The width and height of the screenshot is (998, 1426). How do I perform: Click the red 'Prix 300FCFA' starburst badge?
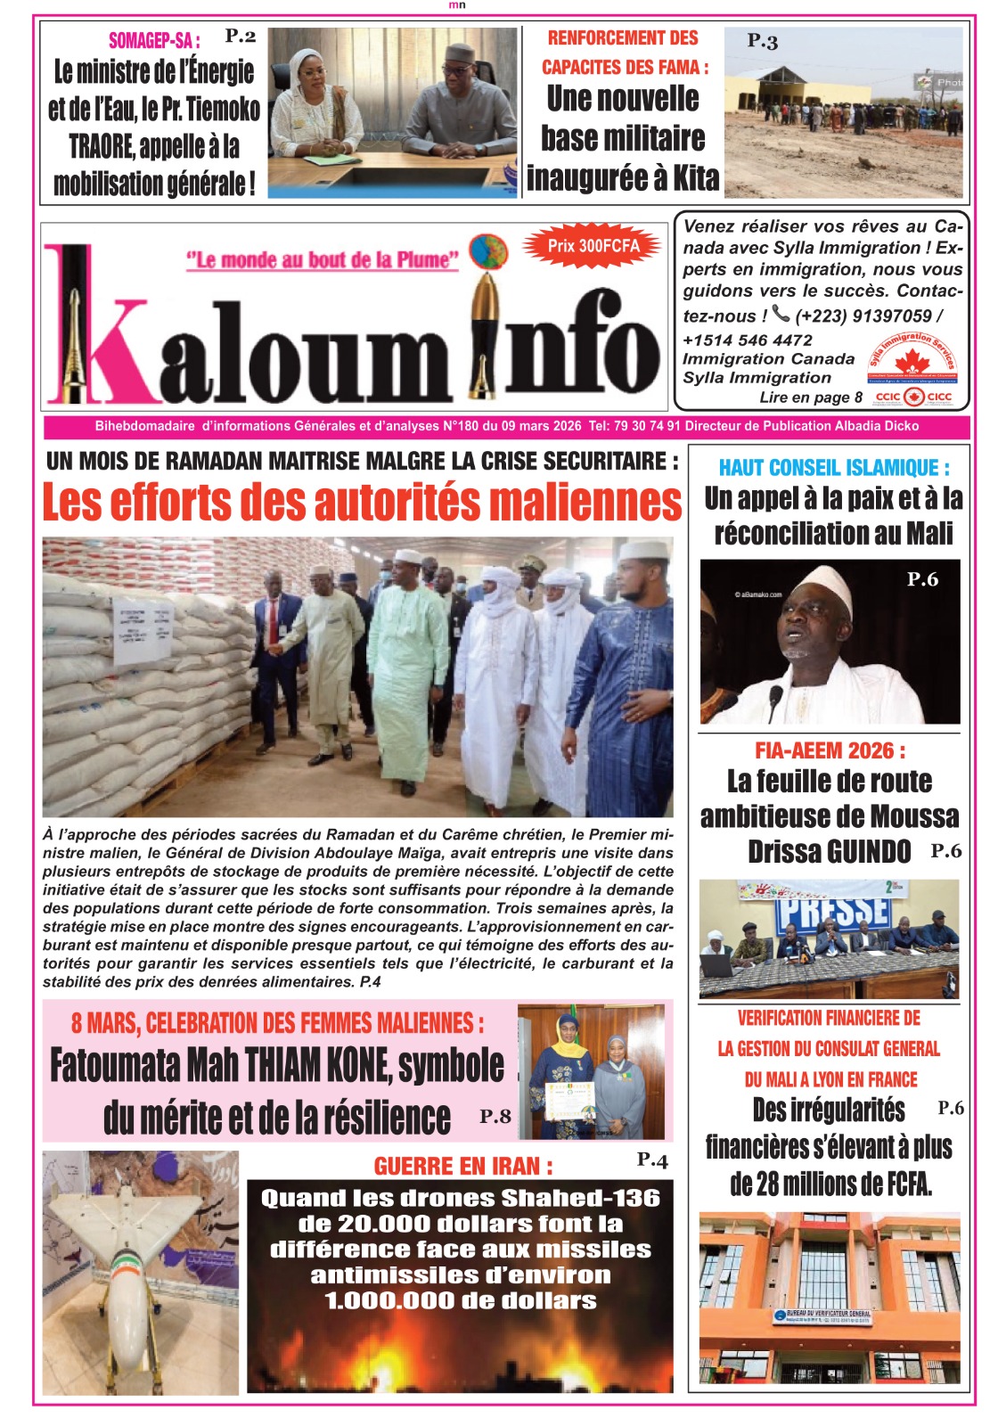[x=593, y=247]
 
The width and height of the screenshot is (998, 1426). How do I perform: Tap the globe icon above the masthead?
[x=488, y=252]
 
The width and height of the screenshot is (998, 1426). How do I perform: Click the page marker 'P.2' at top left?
[x=240, y=36]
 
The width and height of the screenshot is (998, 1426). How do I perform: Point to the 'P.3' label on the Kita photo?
[x=763, y=41]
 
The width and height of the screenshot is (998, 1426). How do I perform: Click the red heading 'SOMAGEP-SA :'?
[x=154, y=40]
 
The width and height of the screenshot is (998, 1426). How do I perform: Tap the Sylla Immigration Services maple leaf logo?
[x=912, y=361]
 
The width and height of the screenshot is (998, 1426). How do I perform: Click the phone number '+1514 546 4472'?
[x=748, y=340]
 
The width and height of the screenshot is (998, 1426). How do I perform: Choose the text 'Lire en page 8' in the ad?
[x=811, y=397]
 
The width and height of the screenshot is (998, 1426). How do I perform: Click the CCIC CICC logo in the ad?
[x=913, y=397]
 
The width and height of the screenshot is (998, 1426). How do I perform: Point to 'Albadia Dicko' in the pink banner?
[x=877, y=426]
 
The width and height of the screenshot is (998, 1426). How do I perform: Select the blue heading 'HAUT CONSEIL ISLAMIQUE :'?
[x=834, y=467]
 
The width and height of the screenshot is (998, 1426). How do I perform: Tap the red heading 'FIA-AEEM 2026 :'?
[x=830, y=750]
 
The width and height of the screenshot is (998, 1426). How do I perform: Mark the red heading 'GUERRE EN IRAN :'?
[x=463, y=1166]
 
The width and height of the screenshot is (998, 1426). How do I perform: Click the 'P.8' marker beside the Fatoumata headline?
[x=495, y=1116]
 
